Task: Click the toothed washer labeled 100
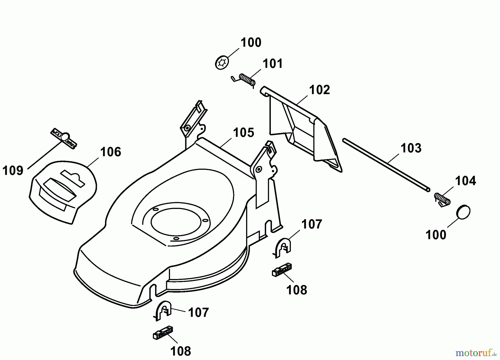(222, 63)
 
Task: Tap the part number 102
(319, 90)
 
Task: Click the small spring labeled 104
(442, 199)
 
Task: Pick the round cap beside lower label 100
(463, 212)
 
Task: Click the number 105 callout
(243, 132)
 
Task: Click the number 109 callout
(13, 170)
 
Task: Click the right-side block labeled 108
(282, 269)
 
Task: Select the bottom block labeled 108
(163, 332)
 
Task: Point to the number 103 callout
(411, 148)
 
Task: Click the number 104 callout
(465, 181)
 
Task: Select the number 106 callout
(111, 152)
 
